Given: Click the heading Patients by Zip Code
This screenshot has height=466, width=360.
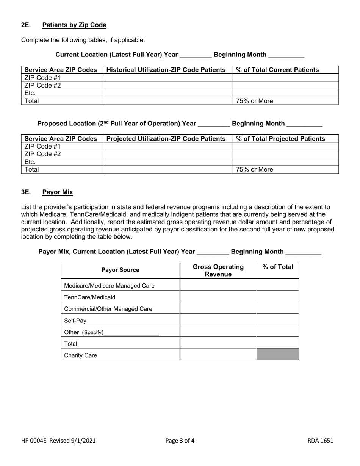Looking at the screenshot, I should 74,25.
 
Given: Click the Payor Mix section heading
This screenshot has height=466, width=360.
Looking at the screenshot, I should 58,192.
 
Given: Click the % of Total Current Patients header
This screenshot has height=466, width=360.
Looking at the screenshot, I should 277,70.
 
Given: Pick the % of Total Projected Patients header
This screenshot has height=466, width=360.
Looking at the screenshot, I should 280,139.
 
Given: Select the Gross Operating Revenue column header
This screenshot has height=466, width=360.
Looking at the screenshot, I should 218,271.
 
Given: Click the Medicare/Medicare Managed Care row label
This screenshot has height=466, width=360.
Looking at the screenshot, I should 110,285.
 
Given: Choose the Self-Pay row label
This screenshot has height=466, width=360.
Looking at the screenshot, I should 75,321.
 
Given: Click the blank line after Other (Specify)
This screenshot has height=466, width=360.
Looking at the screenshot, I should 131,333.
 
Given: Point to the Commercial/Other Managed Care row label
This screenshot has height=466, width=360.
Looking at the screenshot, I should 108,309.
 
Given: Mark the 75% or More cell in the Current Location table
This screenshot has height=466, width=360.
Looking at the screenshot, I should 254,101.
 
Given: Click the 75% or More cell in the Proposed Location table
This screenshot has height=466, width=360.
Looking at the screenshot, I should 254,170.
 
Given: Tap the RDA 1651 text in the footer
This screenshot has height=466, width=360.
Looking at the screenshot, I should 320,441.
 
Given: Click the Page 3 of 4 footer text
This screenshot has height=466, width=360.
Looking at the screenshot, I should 180,441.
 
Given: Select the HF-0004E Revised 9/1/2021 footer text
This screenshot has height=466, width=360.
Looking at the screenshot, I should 58,441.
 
